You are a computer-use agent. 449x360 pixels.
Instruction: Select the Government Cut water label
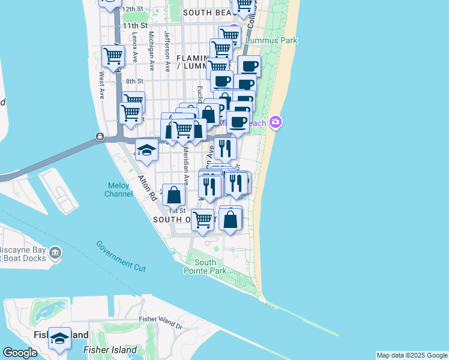pos(121,256)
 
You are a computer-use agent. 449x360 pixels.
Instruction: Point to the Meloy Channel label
pos(118,190)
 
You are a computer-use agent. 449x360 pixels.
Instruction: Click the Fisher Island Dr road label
pos(160,322)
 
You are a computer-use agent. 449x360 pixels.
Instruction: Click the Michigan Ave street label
pos(152,51)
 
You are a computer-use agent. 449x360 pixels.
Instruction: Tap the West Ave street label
pos(102,85)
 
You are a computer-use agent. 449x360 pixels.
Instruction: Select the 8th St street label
pos(134,81)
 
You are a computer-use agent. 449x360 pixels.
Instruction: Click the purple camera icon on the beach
pos(276,122)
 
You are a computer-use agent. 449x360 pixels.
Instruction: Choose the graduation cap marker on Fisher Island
pos(59,339)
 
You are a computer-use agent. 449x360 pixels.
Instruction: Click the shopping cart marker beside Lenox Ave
pos(114,56)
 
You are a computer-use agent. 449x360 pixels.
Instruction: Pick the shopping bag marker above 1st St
pos(173,194)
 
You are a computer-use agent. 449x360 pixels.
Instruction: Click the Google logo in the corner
pos(20,353)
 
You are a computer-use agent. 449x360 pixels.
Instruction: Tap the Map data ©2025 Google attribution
pos(412,355)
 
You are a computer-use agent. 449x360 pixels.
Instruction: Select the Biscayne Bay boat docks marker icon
pos(56,253)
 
